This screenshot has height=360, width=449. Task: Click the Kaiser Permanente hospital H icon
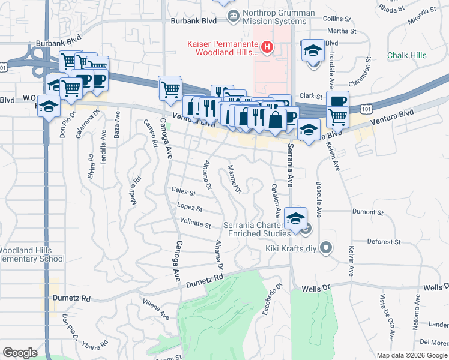tap(268, 46)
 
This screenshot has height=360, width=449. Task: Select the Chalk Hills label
tap(406, 55)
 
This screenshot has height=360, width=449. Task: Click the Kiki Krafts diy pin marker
tap(326, 247)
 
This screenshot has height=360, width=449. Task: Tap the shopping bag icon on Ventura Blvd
tap(274, 119)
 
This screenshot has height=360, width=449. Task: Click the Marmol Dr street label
tap(234, 179)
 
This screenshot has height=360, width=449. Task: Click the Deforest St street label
tap(384, 242)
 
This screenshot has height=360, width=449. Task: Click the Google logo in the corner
tap(20, 353)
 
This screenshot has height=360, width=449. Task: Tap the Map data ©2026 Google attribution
tap(411, 355)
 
